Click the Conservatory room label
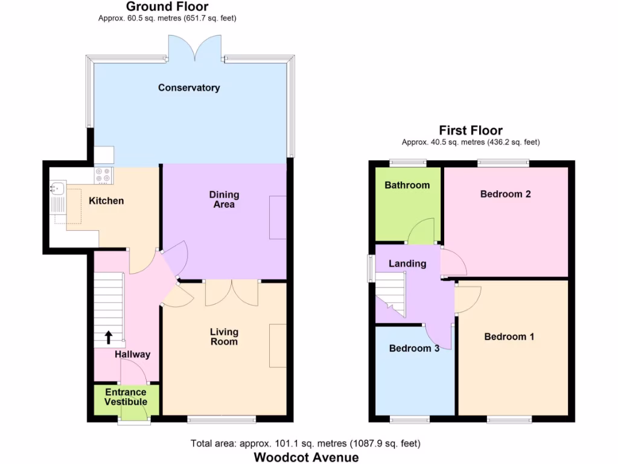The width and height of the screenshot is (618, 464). [189, 88]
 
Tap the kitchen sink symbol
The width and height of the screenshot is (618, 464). [58, 195]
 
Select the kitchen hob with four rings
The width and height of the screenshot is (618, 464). [103, 175]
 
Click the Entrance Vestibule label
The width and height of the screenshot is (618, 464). [126, 397]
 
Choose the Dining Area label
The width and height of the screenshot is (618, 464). [224, 199]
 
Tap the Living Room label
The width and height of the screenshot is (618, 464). [224, 337]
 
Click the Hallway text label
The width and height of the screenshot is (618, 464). [132, 355]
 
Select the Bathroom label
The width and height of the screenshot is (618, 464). [407, 185]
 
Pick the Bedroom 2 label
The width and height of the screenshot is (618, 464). [505, 194]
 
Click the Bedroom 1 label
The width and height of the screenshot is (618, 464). [509, 337]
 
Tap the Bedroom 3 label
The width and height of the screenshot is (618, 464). [413, 348]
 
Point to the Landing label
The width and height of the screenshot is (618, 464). [407, 263]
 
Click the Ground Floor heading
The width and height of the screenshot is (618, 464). [167, 7]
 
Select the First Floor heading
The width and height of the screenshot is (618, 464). [471, 130]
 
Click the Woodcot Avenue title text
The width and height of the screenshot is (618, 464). [306, 457]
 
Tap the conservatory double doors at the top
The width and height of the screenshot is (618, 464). [195, 47]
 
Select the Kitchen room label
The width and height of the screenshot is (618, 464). [106, 201]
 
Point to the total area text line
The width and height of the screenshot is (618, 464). [305, 443]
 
